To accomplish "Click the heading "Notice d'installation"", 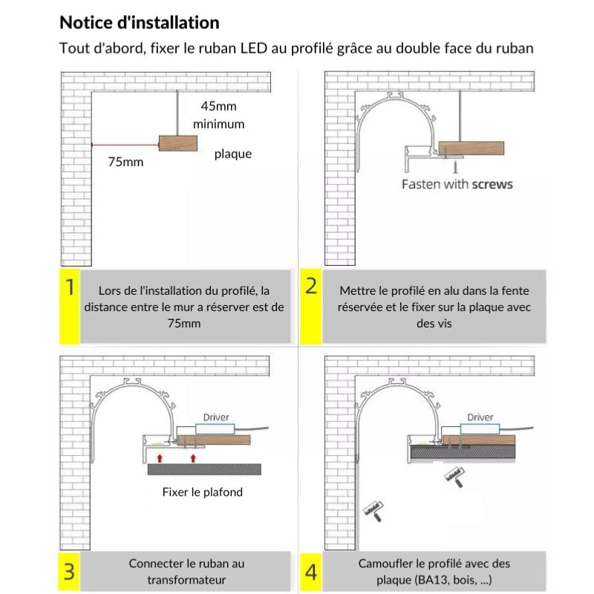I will point(139,23).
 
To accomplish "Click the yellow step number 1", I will point(69,288).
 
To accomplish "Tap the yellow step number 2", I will point(311,286).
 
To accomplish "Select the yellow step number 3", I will point(69,571).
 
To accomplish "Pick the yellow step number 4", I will point(311,572).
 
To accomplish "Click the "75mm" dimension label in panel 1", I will point(125,161).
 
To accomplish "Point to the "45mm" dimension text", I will point(219,106).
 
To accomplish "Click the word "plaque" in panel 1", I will point(233,154).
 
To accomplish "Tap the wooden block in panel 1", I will point(177,143).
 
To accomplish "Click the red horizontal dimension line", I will point(124,143).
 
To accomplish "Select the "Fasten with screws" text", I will point(457,183).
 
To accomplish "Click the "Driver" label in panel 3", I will point(216,418).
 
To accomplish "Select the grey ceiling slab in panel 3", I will point(204,469).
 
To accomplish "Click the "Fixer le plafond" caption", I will point(202,492).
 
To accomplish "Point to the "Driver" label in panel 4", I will point(480,417).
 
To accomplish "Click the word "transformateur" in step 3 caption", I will point(186,580).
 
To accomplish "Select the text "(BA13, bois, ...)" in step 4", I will point(444,580).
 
